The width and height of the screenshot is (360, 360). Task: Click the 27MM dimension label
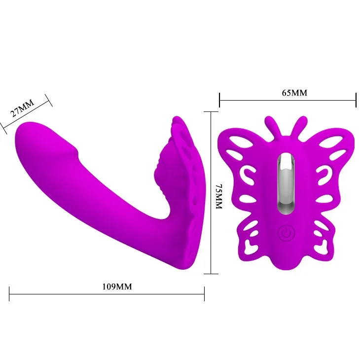click(x=23, y=108)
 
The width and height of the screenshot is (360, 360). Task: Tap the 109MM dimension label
click(x=117, y=287)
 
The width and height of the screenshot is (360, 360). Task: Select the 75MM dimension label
click(x=219, y=196)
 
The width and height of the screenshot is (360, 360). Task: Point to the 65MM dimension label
click(x=294, y=93)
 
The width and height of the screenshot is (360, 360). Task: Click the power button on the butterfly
click(x=286, y=233)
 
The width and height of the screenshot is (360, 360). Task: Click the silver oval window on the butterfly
click(x=287, y=183)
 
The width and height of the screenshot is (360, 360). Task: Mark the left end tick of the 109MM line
click(x=9, y=294)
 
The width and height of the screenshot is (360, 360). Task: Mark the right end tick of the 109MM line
click(x=204, y=294)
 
